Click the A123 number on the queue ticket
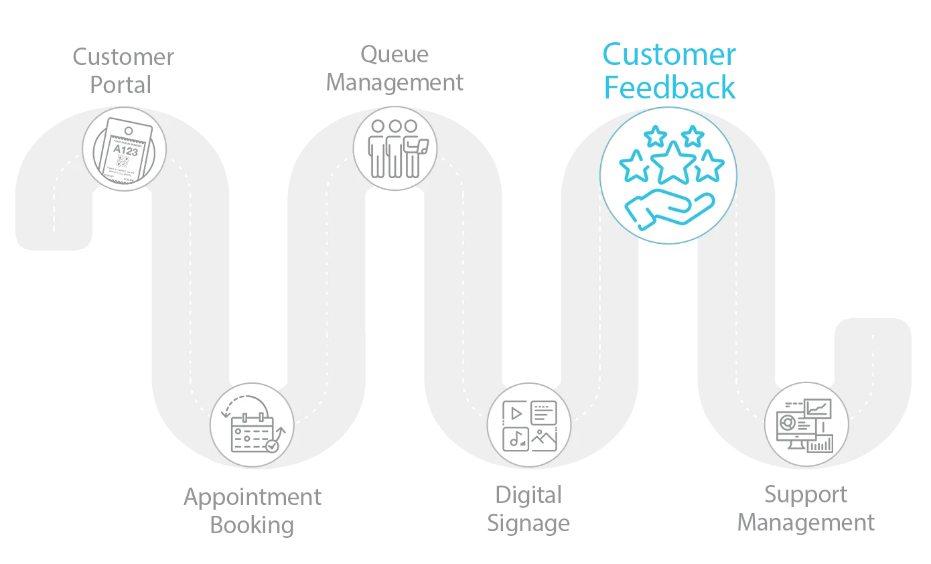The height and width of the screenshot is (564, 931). point(125,151)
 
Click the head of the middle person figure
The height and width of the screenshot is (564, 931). point(395,126)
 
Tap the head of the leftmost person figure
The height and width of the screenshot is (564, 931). point(378,126)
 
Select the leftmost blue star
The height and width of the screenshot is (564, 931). point(634,167)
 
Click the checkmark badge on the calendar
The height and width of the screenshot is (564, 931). point(272,445)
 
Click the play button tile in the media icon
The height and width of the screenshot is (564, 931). point(515,413)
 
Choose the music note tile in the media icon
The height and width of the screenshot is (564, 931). point(515,439)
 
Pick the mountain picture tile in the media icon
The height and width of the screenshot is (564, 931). point(544,439)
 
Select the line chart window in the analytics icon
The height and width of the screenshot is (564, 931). point(818,408)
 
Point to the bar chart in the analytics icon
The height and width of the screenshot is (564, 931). point(820,443)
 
